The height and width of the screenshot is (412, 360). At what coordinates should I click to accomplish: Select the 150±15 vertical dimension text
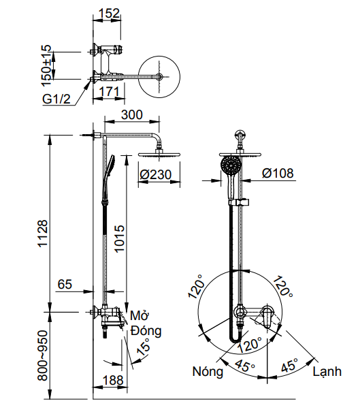coord(46,63)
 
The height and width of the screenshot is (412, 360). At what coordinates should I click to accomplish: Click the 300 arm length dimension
coord(132,116)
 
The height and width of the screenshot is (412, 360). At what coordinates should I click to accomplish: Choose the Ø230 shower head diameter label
coord(155,175)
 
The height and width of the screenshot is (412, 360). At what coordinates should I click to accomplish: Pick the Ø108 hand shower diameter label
coord(278,174)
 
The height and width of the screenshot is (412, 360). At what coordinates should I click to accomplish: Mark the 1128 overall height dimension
coord(43,233)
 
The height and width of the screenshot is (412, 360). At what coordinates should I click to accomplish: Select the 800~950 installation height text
coord(43,354)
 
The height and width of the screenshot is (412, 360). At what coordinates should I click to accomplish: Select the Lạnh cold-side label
coord(327,373)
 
